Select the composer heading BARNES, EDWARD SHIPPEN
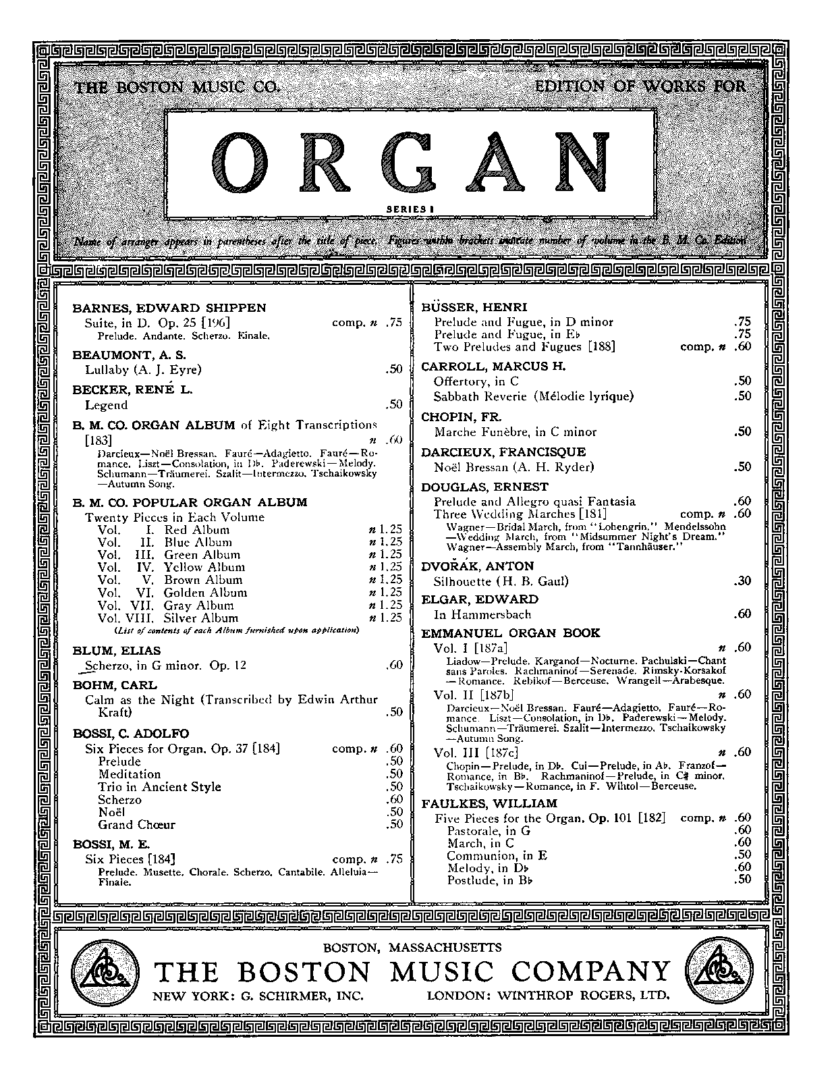click(x=169, y=308)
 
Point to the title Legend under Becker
click(x=106, y=405)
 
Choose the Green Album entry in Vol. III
click(x=202, y=555)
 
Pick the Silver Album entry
click(x=201, y=618)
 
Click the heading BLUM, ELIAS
click(x=117, y=651)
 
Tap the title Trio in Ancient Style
click(x=159, y=787)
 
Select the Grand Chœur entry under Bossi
click(x=136, y=825)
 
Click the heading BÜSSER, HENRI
click(x=474, y=308)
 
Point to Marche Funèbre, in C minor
click(x=516, y=432)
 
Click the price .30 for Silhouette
click(x=742, y=580)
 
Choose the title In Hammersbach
click(x=482, y=614)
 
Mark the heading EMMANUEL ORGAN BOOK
click(x=511, y=633)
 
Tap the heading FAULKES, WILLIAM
click(x=489, y=803)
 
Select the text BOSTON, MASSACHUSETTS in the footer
click(x=412, y=947)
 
